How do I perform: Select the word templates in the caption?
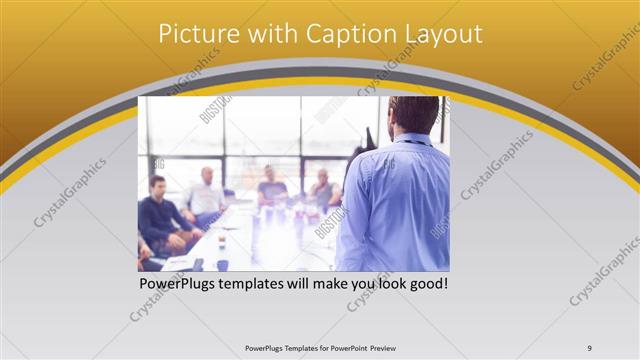(x=260, y=284)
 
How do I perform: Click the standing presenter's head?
(x=413, y=116)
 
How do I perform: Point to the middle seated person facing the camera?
(x=272, y=186)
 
